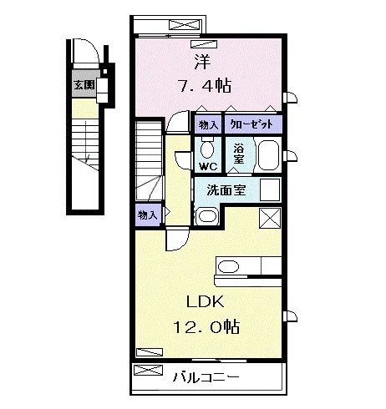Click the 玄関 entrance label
click(x=82, y=84)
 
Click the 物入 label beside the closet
click(x=208, y=125)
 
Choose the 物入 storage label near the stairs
click(x=147, y=215)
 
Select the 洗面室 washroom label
click(x=226, y=189)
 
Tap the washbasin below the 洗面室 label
click(x=206, y=217)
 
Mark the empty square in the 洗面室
click(x=272, y=189)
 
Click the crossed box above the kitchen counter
click(x=271, y=220)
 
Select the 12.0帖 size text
click(x=206, y=326)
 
